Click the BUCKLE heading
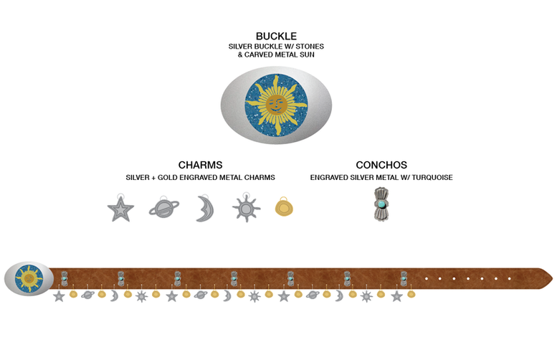pyautogui.click(x=276, y=36)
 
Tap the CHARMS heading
pyautogui.click(x=200, y=165)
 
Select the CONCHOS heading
pyautogui.click(x=381, y=165)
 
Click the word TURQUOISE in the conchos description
pyautogui.click(x=431, y=177)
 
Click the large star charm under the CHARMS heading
pyautogui.click(x=120, y=210)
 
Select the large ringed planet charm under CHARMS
pyautogui.click(x=163, y=209)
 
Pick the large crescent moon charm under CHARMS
pyautogui.click(x=204, y=209)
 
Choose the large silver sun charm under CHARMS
pyautogui.click(x=245, y=209)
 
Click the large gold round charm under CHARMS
pyautogui.click(x=284, y=208)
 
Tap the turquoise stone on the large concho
pyautogui.click(x=381, y=204)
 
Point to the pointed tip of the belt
pyautogui.click(x=550, y=278)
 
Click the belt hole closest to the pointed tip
pyautogui.click(x=510, y=278)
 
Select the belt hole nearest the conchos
pyautogui.click(x=427, y=278)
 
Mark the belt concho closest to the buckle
pyautogui.click(x=65, y=278)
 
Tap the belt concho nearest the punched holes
pyautogui.click(x=404, y=278)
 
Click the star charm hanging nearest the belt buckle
pyautogui.click(x=59, y=295)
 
